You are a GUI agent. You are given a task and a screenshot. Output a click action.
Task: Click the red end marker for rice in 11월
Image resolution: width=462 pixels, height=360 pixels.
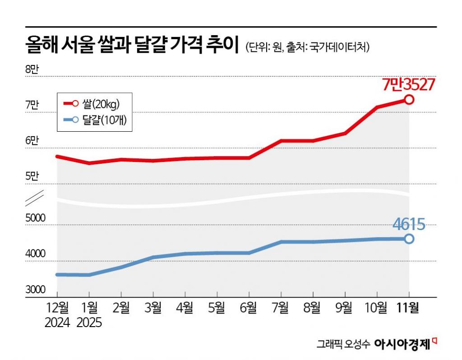409,99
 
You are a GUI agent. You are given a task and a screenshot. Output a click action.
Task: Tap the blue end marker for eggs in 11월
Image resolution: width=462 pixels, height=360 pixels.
409,239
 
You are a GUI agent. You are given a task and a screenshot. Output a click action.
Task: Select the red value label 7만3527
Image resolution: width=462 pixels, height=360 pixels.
408,84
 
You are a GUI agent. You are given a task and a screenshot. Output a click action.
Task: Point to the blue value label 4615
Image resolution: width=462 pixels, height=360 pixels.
409,224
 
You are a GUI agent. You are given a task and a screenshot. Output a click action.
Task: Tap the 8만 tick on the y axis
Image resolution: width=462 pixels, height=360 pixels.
33,69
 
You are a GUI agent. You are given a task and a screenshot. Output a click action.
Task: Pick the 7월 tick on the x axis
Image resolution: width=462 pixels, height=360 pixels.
281,308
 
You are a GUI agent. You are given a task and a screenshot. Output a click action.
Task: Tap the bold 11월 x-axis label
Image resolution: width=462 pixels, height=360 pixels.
408,308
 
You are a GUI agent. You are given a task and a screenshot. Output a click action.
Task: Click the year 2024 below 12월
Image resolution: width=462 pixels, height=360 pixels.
57,323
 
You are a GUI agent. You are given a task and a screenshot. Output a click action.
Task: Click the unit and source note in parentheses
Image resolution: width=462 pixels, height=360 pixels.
307,47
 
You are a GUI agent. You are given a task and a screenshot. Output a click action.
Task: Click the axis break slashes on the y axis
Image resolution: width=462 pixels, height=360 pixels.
35,197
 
